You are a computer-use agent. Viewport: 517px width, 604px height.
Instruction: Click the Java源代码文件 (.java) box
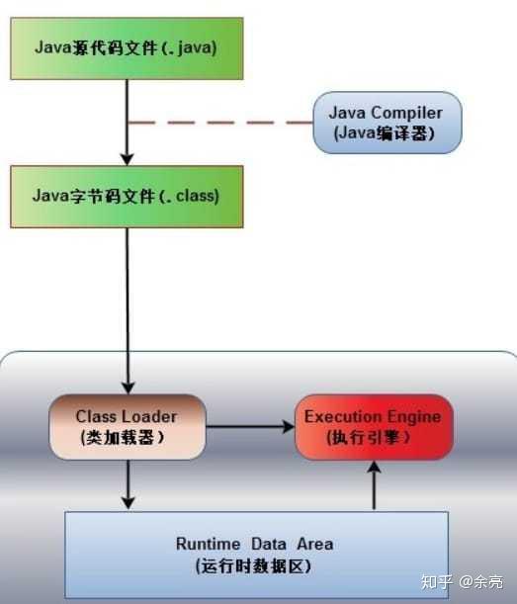click(127, 46)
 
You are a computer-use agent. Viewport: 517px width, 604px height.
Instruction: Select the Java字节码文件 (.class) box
click(127, 196)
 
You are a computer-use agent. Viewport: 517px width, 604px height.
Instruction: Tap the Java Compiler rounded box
click(387, 123)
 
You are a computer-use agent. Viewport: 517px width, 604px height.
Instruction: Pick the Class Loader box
click(127, 426)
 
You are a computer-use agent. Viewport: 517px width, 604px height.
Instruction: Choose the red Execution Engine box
click(374, 426)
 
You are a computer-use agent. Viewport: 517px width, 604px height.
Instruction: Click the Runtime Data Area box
click(255, 555)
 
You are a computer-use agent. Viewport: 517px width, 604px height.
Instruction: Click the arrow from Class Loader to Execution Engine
click(249, 426)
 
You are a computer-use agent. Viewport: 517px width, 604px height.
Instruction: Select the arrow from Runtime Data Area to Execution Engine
click(374, 486)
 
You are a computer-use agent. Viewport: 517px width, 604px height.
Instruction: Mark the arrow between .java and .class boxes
click(127, 123)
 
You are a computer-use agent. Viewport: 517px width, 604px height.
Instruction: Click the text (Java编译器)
click(387, 134)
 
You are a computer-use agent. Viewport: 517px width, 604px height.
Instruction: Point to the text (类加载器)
click(121, 436)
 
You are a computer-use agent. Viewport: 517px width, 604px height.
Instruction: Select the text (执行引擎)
click(372, 436)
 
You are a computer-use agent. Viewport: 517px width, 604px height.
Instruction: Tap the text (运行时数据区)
click(255, 565)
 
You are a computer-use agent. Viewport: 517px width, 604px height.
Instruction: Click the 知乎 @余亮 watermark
click(461, 581)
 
